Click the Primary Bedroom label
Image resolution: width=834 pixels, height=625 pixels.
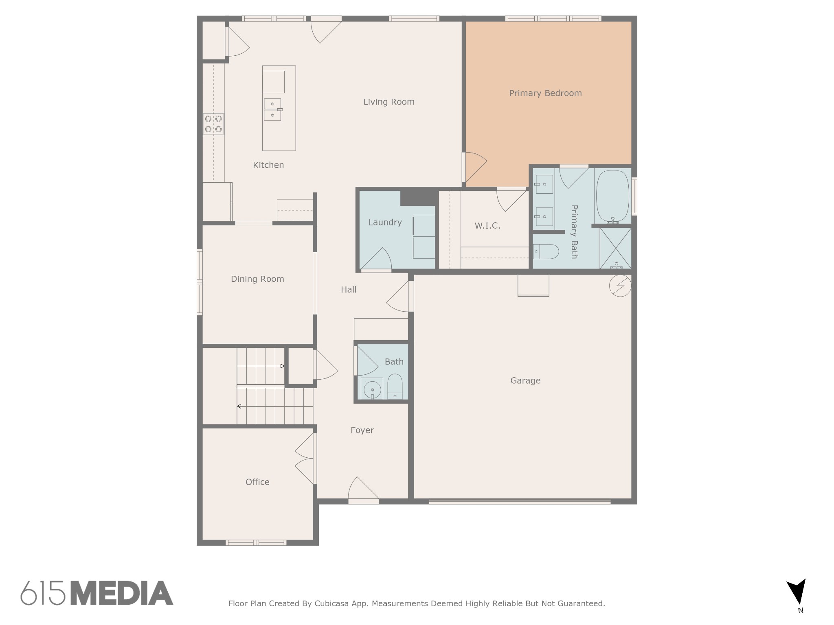click(545, 93)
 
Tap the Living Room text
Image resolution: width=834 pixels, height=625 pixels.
click(389, 102)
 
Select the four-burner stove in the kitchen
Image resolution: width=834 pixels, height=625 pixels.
click(213, 124)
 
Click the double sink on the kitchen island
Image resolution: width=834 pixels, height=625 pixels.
click(272, 110)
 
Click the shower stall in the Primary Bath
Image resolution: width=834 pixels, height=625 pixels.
click(615, 248)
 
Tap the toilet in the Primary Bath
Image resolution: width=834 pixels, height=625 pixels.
click(546, 252)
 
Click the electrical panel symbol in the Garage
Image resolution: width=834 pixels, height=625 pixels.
click(620, 286)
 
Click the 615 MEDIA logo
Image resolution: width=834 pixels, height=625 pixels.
click(97, 593)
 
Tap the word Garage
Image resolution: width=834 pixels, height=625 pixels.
click(525, 381)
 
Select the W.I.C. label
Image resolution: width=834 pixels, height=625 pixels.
click(487, 226)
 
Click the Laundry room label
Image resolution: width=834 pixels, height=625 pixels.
click(385, 223)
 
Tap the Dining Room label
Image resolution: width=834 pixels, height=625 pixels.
click(257, 279)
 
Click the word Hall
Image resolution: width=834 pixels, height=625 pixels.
click(349, 290)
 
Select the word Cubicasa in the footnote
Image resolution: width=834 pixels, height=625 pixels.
click(332, 603)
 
